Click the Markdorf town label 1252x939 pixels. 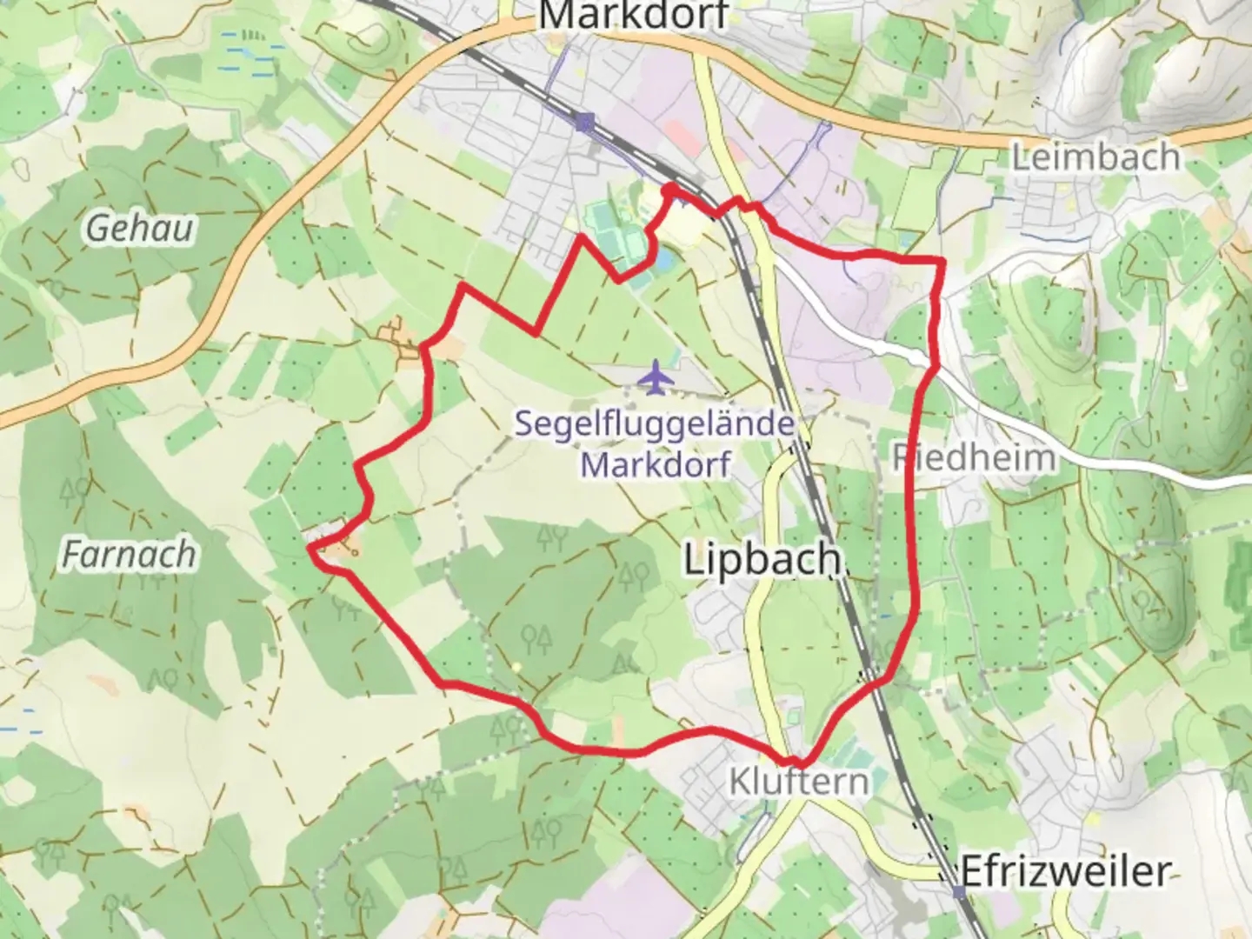(x=633, y=15)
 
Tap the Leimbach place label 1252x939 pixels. (x=1095, y=157)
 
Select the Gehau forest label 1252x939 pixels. (x=140, y=229)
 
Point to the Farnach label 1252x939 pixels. (x=129, y=554)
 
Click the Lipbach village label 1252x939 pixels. (x=763, y=559)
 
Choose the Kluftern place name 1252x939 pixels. (x=799, y=781)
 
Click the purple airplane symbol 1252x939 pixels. (x=656, y=377)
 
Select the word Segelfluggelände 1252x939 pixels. (x=654, y=424)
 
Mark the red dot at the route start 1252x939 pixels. (x=670, y=189)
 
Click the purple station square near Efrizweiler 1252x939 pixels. (x=958, y=892)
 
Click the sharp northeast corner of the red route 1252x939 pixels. (x=942, y=260)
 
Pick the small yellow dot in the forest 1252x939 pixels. (x=516, y=667)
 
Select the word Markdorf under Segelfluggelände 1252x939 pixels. (x=655, y=464)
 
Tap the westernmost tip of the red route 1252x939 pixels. (x=310, y=548)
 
